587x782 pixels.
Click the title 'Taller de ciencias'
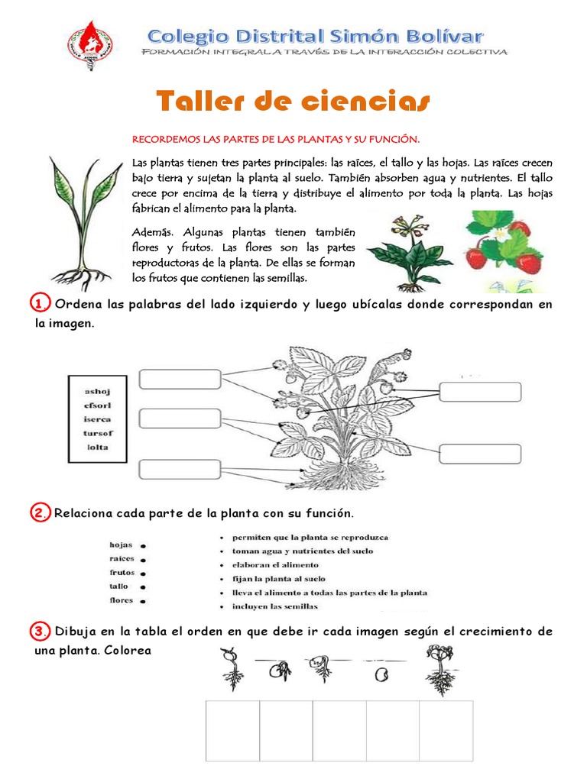293,100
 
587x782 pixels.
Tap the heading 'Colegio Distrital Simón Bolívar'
315,35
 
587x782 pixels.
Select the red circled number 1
40,304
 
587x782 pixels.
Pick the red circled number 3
40,632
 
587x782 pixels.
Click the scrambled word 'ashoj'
97,391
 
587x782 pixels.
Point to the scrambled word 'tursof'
97,433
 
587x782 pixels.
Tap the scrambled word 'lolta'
97,447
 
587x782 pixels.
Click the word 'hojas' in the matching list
122,544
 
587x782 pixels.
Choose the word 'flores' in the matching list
122,599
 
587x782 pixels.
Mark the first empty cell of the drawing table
232,731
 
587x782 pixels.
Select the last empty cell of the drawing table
446,731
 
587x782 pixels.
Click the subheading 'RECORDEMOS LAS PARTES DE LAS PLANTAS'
277,139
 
